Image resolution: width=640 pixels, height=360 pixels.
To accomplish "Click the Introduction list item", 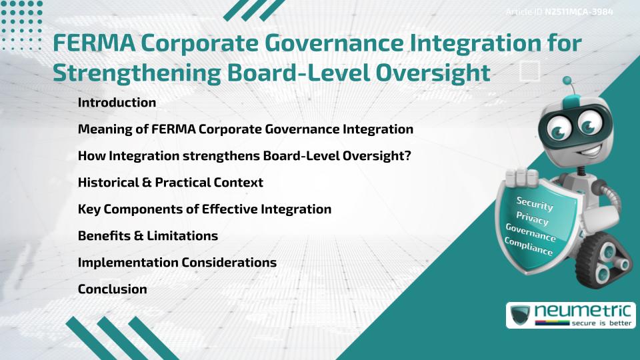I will pos(117,103).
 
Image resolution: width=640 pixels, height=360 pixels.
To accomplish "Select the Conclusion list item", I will pos(112,289).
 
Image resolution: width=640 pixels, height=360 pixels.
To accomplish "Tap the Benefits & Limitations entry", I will pos(147,236).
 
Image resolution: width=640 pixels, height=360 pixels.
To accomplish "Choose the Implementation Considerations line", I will pos(177,263).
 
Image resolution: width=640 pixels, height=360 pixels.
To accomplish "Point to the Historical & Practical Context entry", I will pos(170,183).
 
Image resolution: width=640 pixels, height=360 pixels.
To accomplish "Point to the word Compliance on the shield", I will pos(529,247).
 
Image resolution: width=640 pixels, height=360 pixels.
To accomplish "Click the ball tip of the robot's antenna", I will pos(567,81).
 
